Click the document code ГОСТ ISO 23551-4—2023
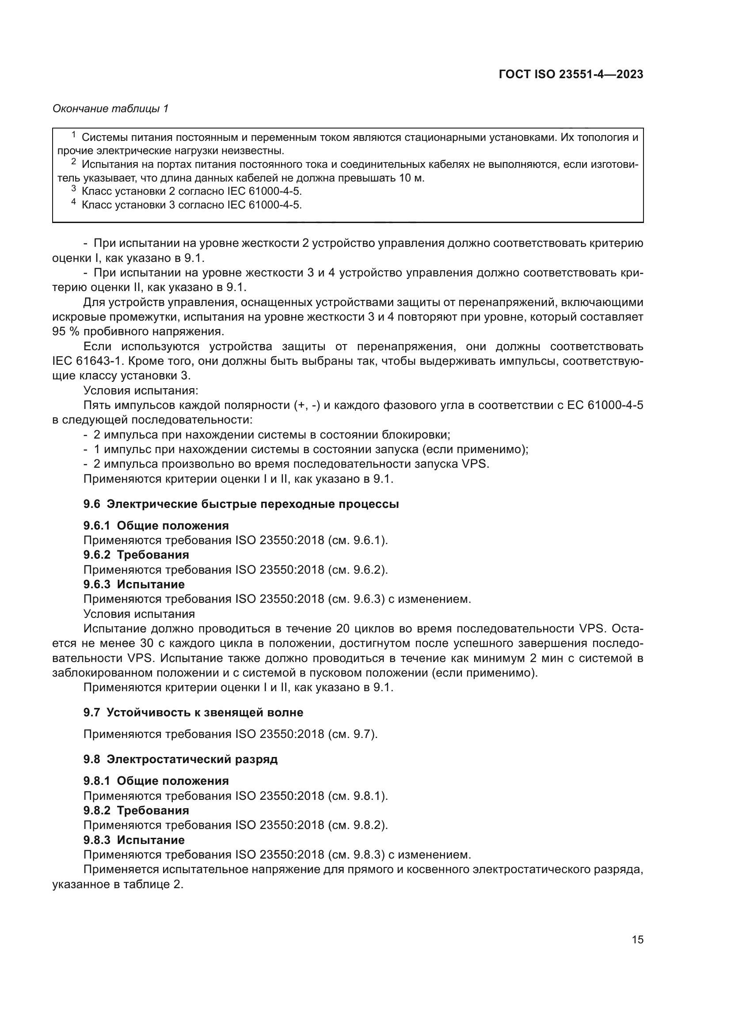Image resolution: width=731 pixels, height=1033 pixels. tap(571, 74)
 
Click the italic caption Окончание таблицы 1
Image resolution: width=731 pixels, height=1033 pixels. tap(110, 109)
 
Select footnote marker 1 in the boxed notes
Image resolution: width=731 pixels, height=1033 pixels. tap(74, 134)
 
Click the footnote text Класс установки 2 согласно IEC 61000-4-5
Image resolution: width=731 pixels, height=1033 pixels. tap(192, 191)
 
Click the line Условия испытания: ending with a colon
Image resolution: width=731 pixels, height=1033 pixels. tap(141, 390)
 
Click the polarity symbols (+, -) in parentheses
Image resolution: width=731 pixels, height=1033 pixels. tap(307, 405)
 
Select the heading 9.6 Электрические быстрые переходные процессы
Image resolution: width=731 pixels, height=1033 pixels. tap(241, 504)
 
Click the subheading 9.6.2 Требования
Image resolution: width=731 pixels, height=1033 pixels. tap(136, 554)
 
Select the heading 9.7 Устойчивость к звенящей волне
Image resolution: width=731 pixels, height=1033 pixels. tap(193, 712)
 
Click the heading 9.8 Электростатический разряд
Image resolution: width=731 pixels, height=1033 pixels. tap(180, 759)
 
